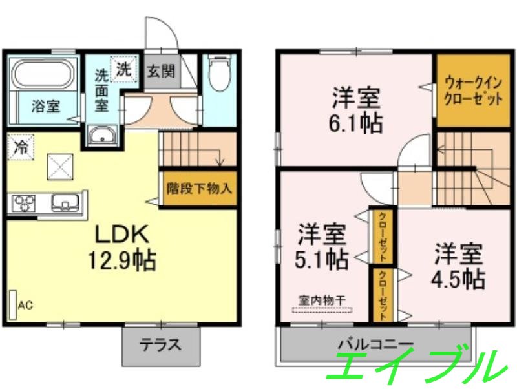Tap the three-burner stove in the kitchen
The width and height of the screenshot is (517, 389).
[x=24, y=204]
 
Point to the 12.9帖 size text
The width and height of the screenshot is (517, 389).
[x=121, y=260]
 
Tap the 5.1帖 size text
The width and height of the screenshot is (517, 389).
[x=322, y=260]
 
